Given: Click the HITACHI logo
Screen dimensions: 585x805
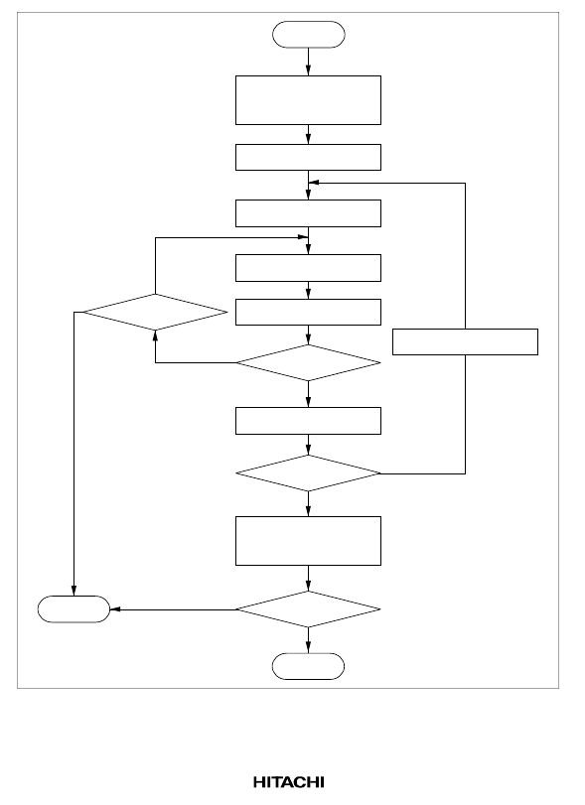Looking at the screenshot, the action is point(289,782).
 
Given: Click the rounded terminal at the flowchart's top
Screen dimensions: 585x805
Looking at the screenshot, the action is point(308,35).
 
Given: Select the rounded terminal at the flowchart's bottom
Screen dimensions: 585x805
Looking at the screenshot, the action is point(308,666).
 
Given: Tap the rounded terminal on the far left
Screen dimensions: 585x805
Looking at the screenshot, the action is point(73,609).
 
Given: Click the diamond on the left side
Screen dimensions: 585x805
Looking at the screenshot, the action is point(155,312).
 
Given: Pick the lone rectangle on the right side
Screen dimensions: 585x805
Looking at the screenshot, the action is point(466,341).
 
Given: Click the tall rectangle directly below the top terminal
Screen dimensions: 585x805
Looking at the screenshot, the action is point(308,100).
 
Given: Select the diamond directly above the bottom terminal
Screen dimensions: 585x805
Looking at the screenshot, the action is point(308,609).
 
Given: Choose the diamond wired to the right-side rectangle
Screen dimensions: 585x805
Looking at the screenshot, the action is point(308,473).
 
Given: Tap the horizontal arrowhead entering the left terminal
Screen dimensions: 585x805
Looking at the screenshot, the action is point(115,609).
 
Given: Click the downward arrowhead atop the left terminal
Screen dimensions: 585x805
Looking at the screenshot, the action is point(73,591).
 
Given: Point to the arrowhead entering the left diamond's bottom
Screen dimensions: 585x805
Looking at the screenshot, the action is point(155,335).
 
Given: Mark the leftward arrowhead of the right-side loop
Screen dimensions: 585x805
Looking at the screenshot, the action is point(314,183).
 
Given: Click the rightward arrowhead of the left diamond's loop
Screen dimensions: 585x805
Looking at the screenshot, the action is point(303,237).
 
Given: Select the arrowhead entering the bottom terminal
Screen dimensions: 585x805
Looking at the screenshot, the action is point(308,648).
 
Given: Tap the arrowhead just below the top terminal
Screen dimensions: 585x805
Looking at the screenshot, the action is point(308,70).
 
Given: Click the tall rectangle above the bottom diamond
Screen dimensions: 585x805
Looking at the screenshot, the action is point(308,541).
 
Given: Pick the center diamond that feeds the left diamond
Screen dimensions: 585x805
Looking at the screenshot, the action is point(308,363).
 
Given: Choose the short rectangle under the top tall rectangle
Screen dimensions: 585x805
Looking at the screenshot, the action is point(308,157).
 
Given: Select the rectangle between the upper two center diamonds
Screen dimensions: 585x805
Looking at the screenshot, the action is point(308,421).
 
